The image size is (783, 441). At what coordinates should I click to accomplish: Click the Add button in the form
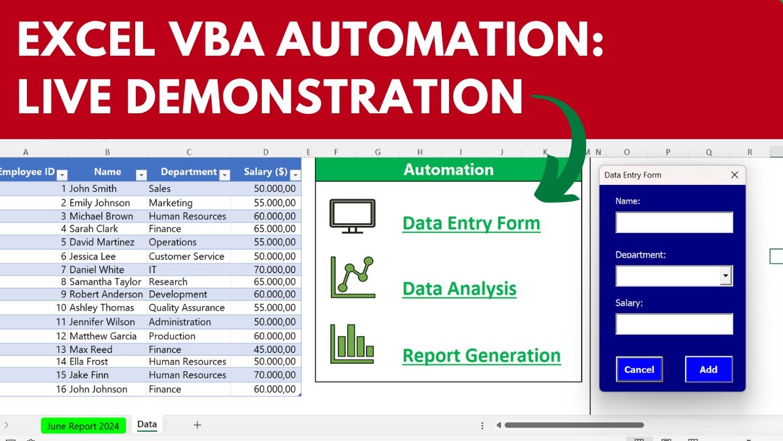708,369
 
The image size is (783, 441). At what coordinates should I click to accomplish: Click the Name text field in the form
674,222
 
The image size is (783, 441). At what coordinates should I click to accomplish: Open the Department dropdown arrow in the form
726,276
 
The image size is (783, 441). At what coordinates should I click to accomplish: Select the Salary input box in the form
674,324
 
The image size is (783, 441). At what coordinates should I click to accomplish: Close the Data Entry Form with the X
735,175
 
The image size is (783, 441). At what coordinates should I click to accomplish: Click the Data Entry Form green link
471,224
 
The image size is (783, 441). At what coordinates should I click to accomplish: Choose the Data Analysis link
459,288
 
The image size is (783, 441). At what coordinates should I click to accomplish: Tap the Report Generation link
481,355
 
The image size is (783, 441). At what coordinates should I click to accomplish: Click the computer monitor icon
352,216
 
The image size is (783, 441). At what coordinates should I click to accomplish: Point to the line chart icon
352,277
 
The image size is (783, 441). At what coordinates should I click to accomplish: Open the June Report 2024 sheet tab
83,426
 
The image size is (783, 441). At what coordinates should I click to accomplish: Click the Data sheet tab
147,424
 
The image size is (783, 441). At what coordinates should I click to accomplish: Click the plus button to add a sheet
197,425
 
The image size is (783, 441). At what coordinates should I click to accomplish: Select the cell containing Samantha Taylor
105,282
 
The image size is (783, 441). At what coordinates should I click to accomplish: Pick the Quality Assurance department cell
187,307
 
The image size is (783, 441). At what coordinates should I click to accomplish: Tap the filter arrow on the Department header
225,175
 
